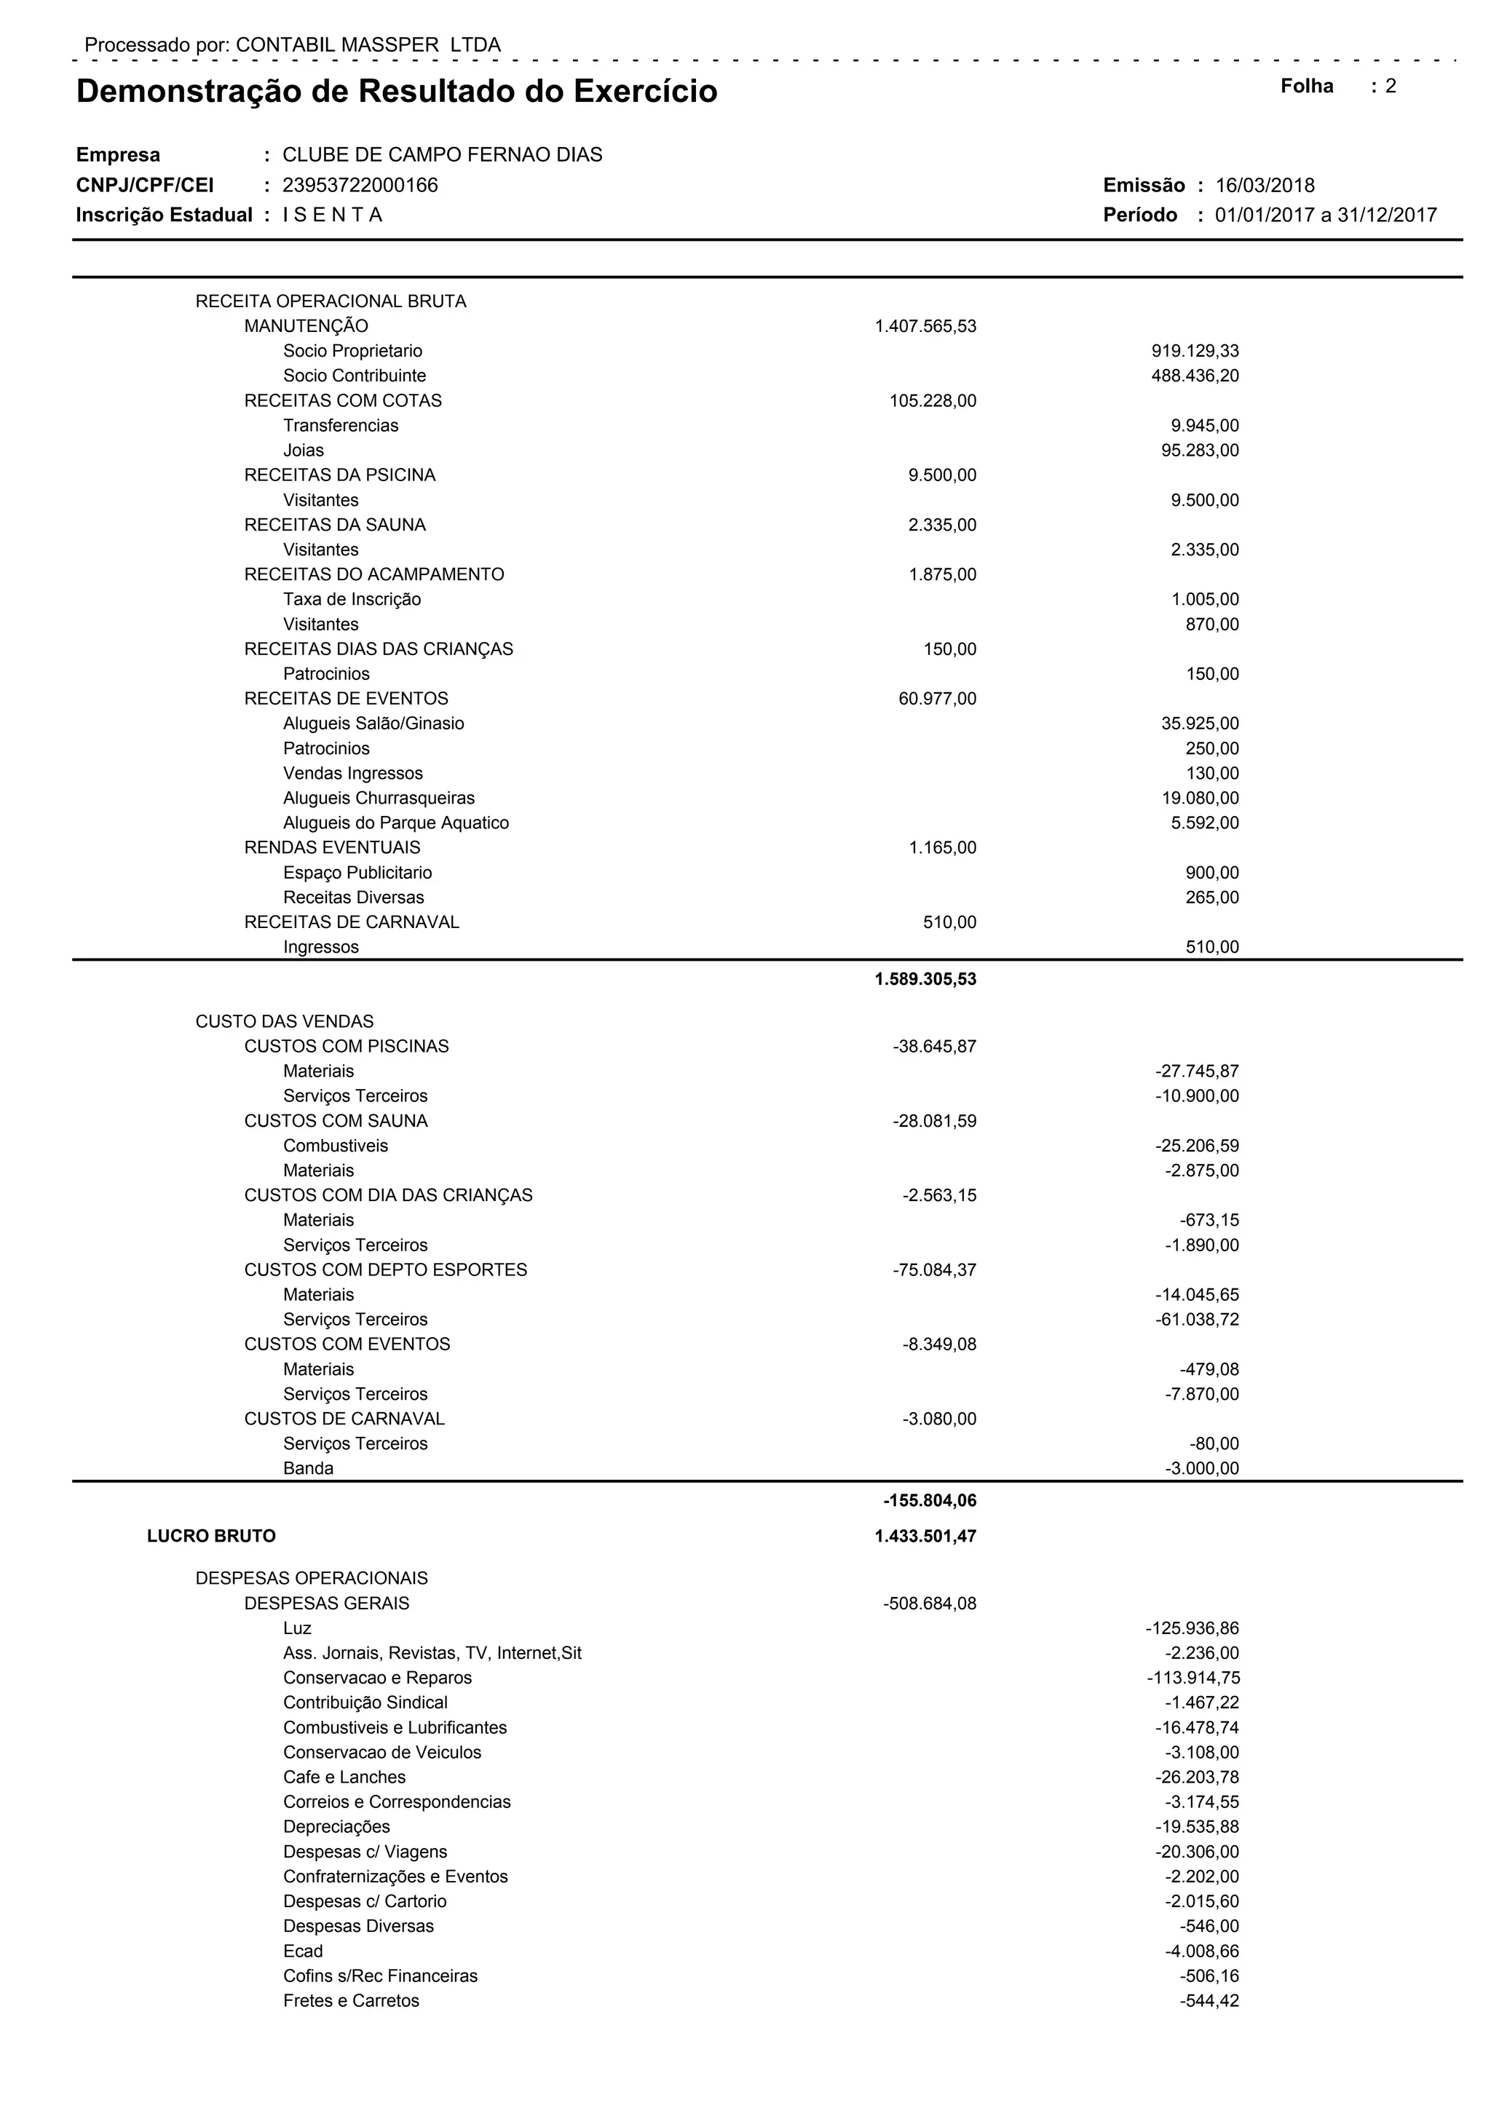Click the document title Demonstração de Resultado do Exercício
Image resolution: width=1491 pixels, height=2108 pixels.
[397, 92]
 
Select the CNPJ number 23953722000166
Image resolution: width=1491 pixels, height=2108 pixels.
[360, 186]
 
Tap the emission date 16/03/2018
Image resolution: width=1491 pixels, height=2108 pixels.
[1265, 186]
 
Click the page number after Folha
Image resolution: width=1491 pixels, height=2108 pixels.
[1391, 87]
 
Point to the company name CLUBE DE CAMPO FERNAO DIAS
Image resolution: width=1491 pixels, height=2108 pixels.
[442, 155]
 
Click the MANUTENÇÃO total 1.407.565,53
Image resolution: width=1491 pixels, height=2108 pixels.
[925, 327]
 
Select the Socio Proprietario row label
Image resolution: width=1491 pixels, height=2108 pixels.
[352, 352]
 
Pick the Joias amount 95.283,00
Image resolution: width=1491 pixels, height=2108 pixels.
[1200, 451]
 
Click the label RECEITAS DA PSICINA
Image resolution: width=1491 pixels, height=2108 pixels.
[340, 475]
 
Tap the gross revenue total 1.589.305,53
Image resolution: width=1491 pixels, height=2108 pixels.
[925, 980]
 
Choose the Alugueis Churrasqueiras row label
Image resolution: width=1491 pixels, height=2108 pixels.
[379, 799]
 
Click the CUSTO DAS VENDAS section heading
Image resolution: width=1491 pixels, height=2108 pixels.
[285, 1022]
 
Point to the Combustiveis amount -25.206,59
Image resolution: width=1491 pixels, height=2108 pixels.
[1196, 1146]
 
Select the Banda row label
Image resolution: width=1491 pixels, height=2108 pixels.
[309, 1468]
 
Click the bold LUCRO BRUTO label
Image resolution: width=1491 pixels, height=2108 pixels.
[211, 1536]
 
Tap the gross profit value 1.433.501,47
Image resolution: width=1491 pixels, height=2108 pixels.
[925, 1536]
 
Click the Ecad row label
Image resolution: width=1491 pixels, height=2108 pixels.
[303, 1951]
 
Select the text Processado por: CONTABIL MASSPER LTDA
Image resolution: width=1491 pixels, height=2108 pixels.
[292, 45]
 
